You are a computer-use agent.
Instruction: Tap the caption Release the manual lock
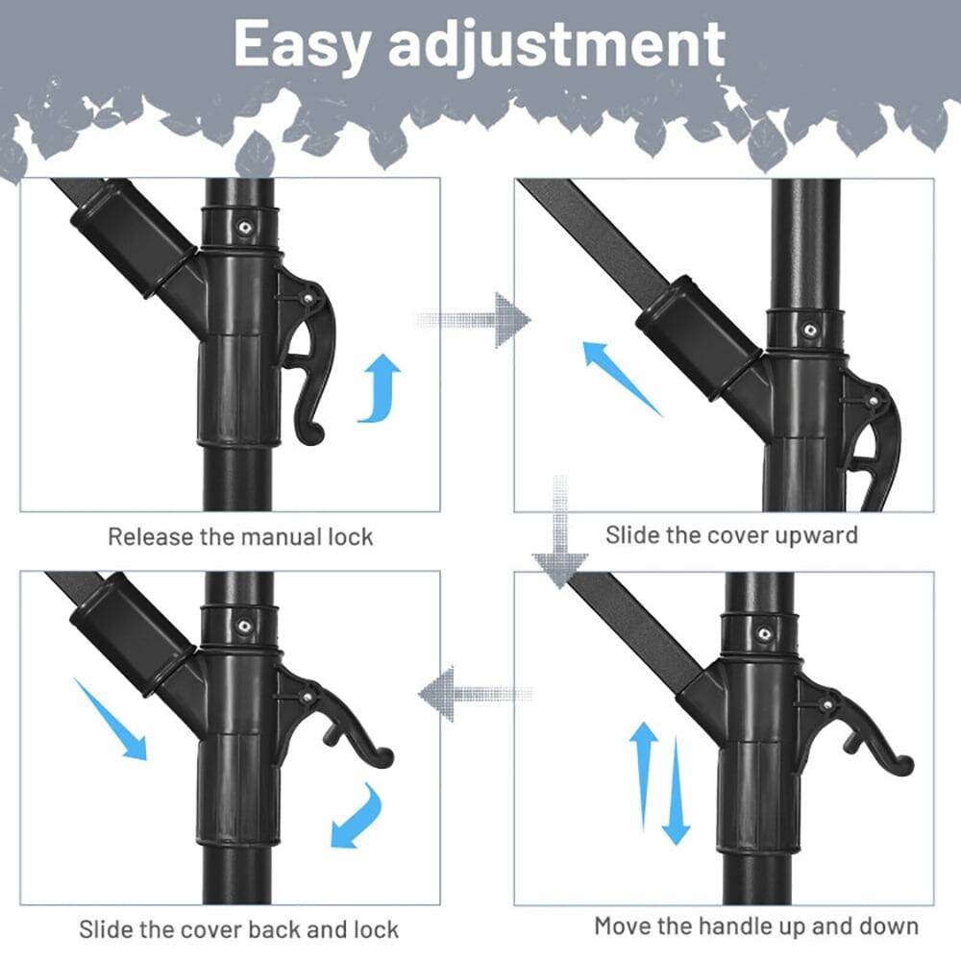[x=239, y=536]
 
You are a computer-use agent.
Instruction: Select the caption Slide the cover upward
[x=731, y=534]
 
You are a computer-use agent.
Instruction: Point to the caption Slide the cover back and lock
[x=238, y=929]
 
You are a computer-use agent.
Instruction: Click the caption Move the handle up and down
[x=756, y=926]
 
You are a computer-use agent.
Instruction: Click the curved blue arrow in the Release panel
[x=381, y=387]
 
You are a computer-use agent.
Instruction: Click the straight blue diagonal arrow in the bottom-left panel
[x=111, y=718]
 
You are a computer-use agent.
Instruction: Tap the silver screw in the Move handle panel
[x=764, y=635]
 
